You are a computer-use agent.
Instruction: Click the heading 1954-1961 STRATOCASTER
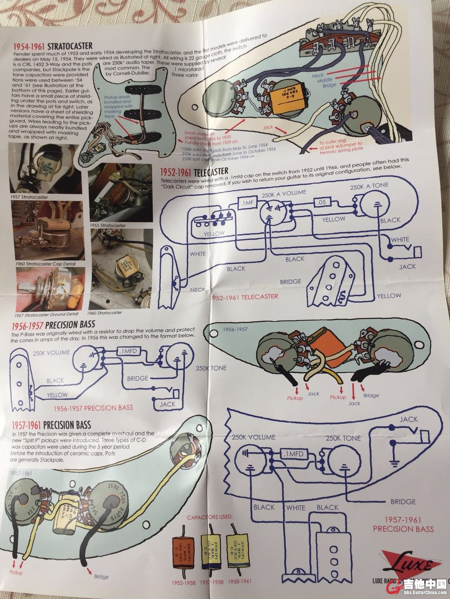53,46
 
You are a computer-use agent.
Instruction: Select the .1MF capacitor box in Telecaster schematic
247,203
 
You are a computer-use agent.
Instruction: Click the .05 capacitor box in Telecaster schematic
321,202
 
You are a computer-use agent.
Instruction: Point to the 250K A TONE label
369,186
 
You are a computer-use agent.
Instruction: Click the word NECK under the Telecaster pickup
197,290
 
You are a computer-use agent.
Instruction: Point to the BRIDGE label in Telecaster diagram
290,282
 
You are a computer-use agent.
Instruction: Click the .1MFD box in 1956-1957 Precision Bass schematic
127,351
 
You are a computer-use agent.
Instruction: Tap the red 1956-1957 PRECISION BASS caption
93,408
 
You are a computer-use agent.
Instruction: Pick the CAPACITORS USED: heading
210,517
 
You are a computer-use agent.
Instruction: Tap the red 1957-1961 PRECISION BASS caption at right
403,524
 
